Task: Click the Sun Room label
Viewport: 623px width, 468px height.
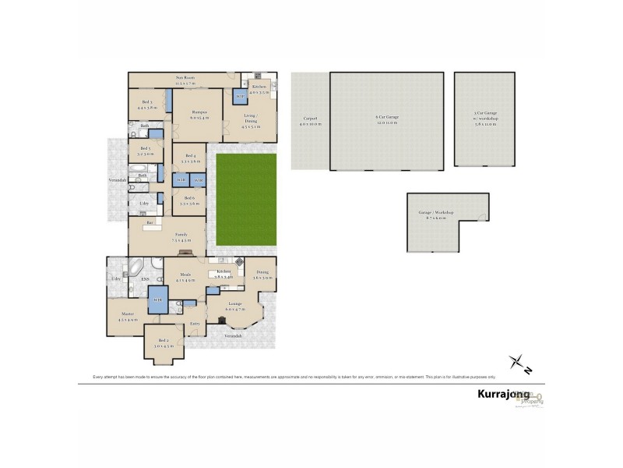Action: (185, 78)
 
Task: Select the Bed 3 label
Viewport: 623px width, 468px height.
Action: (145, 103)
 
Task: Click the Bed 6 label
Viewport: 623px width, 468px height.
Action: (190, 200)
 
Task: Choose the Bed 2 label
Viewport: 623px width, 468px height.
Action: (164, 342)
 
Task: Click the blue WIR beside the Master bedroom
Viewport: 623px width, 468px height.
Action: (158, 300)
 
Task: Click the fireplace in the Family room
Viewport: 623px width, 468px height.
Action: (185, 253)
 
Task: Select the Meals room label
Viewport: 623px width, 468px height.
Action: (185, 276)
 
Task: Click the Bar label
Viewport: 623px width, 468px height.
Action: (149, 222)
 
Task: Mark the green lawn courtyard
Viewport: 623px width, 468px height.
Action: (245, 199)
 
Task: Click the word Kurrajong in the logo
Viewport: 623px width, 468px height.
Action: (503, 395)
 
